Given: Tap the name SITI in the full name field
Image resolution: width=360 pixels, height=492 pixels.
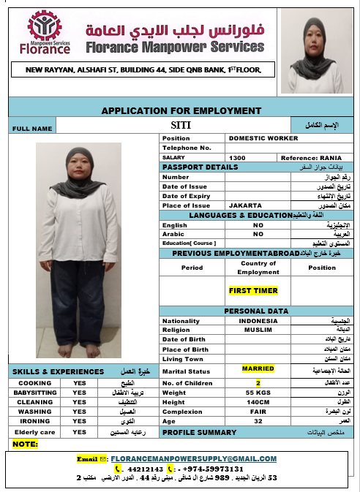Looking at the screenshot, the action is [180, 125].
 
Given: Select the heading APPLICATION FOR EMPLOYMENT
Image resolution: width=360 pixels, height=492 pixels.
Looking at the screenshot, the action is [181, 110].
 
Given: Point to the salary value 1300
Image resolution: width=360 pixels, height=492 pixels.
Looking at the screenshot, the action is [237, 157].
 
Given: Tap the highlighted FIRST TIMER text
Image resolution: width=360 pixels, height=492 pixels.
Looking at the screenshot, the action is [253, 290].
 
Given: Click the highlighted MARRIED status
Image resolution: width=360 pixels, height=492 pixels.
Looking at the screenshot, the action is [258, 368].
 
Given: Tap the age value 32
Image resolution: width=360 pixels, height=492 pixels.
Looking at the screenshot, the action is [258, 422].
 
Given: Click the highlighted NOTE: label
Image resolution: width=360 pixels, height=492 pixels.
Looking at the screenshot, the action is [26, 444].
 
